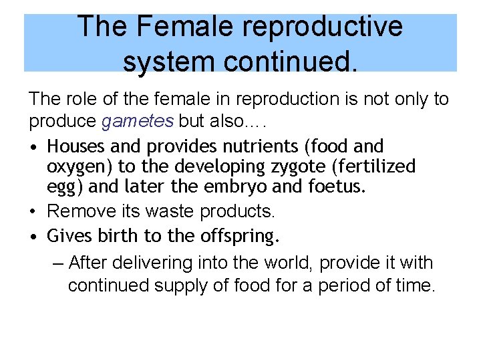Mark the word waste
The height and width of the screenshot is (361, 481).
click(x=176, y=211)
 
